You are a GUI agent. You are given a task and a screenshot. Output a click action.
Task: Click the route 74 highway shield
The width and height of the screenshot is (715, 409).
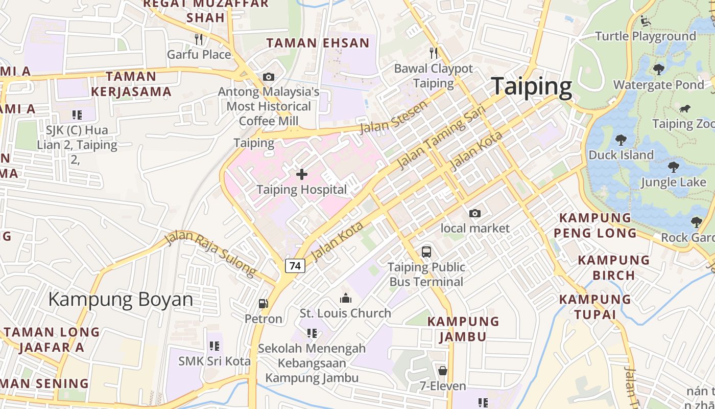295,266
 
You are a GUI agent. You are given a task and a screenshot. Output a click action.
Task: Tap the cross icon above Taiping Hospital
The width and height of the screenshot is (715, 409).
302,175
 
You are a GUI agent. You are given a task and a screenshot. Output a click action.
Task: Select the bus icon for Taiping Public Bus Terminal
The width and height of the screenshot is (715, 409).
426,252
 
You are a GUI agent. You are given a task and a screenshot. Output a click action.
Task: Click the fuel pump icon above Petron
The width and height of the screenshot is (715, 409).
264,304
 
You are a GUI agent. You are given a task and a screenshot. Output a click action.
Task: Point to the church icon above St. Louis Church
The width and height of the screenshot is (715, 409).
346,298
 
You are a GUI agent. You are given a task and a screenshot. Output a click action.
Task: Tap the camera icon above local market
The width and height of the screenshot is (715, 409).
475,213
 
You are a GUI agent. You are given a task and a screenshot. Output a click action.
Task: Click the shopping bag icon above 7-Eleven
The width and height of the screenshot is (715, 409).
443,371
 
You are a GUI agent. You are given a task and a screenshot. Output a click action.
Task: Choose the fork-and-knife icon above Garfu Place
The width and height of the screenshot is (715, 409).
199,39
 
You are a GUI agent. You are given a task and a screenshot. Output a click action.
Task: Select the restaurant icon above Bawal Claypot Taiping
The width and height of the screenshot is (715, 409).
434,53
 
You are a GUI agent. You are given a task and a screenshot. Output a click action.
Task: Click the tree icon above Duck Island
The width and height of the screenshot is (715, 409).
621,140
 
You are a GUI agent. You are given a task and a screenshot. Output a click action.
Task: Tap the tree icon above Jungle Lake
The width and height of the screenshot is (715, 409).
674,167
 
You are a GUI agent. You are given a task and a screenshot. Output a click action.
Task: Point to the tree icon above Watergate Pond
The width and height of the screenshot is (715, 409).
659,69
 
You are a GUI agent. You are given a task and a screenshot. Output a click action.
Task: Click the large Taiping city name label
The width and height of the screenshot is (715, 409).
531,86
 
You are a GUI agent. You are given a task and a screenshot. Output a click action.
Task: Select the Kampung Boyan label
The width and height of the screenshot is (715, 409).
121,299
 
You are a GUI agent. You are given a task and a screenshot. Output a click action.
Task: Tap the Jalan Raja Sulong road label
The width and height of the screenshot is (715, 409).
210,254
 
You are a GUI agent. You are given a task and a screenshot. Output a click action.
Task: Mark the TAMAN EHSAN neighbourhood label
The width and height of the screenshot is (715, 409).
318,43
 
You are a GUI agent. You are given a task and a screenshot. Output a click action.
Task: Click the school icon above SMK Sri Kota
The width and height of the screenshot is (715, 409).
214,346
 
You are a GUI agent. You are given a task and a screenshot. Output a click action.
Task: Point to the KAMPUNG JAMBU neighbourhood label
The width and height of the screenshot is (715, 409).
463,329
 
